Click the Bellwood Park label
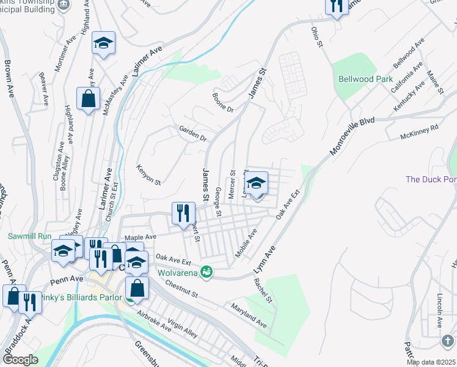pos(366,80)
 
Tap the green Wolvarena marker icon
pos(207,271)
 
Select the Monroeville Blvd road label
pos(351,136)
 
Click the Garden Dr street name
pos(193,133)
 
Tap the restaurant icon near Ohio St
pos(337,6)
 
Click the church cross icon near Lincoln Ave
pos(447,341)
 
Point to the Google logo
pos(20,359)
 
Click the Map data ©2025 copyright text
pos(431,362)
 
